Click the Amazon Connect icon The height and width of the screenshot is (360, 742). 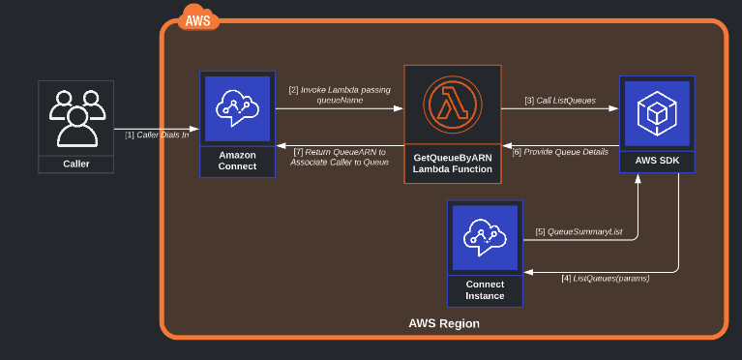237,109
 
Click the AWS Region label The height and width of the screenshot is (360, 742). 444,323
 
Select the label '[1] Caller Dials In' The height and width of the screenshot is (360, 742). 157,135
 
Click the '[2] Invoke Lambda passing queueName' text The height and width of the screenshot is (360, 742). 338,95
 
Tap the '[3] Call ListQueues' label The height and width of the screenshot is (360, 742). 560,101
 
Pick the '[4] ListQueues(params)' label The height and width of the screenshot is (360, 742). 605,279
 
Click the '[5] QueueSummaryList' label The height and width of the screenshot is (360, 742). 579,232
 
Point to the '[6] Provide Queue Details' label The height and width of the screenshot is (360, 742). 559,152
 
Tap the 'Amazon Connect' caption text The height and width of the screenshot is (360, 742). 237,161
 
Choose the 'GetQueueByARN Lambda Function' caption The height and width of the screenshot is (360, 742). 453,162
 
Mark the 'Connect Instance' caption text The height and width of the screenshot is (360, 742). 485,288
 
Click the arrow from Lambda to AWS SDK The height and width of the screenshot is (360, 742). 560,109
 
